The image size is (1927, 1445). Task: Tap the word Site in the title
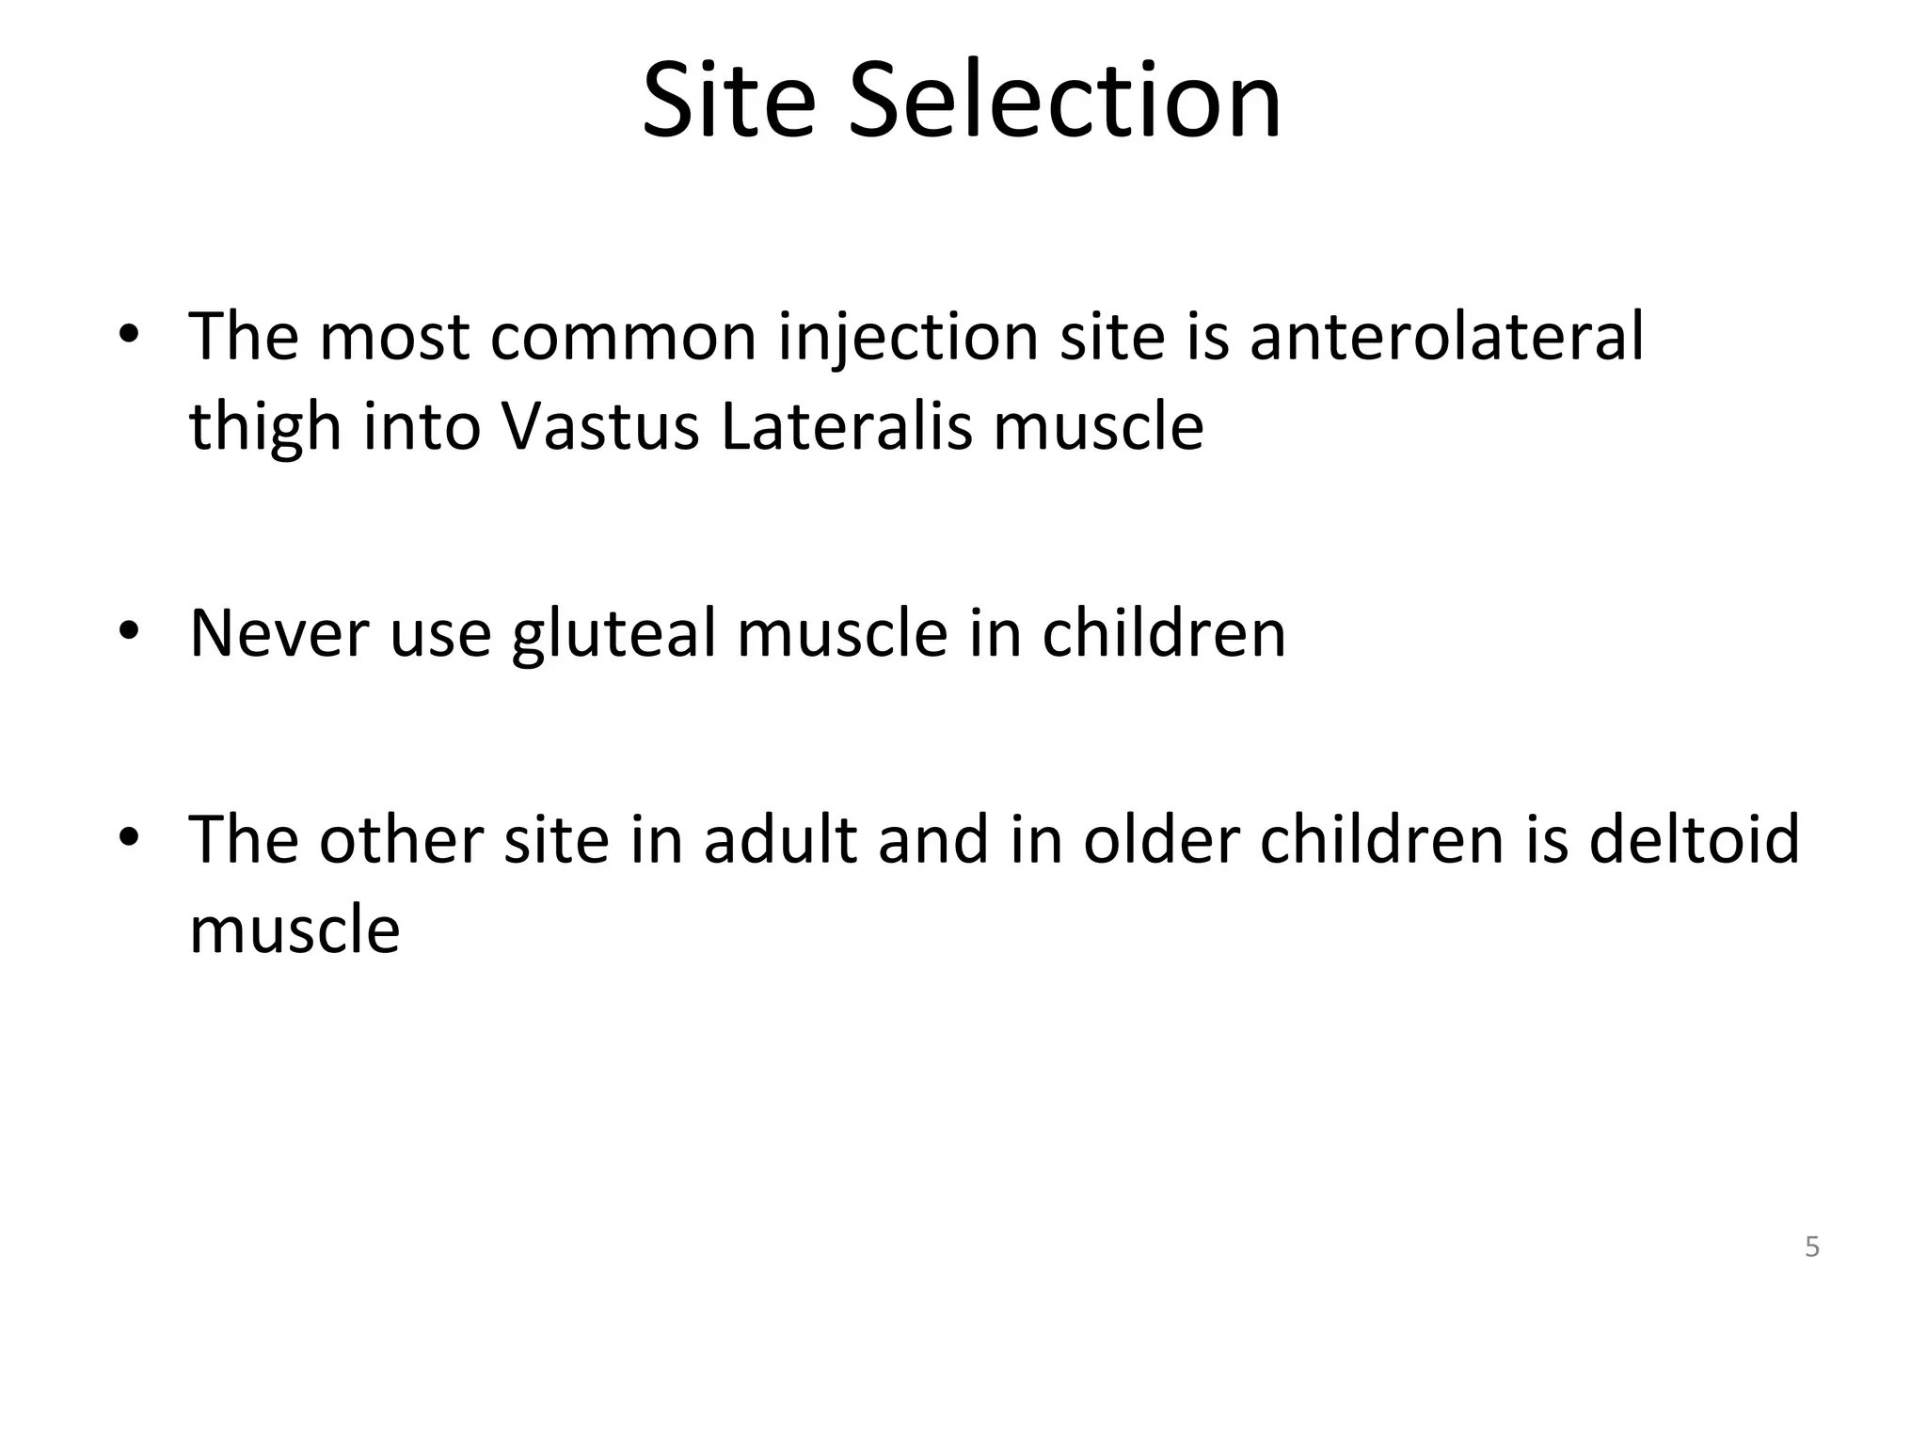tap(728, 101)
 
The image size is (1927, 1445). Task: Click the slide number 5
tap(1812, 1247)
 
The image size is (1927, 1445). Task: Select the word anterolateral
tap(1446, 336)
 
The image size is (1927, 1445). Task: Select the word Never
tap(279, 633)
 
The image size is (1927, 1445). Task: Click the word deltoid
tap(1694, 838)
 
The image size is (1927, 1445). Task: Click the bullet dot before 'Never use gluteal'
tap(129, 628)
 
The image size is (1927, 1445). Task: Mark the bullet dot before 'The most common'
tap(129, 334)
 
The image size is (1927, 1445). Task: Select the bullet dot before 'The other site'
tap(129, 834)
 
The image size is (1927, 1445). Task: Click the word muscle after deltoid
tap(295, 929)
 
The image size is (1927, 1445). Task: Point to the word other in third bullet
tap(400, 838)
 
